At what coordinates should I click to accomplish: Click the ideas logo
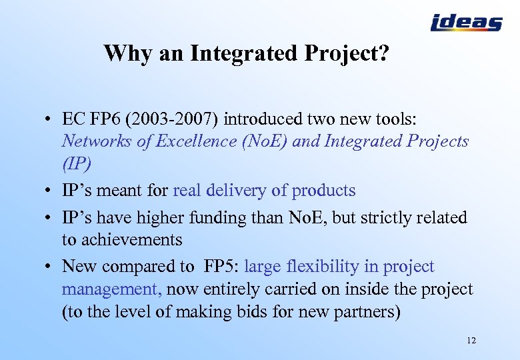coord(466,23)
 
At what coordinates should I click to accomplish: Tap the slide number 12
coord(471,341)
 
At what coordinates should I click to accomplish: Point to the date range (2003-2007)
coord(175,119)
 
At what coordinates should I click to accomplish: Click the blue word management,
coord(111,289)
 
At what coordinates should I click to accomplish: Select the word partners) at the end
coord(369,312)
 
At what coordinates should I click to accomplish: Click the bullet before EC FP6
coord(49,120)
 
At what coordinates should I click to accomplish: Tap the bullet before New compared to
coord(49,267)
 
